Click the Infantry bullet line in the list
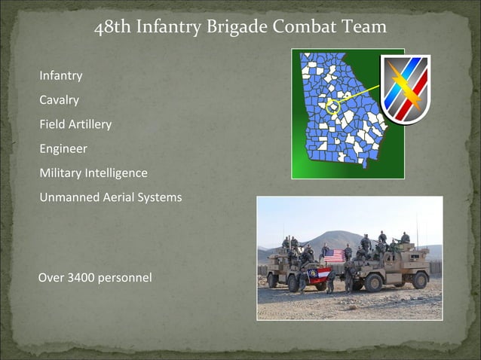(x=61, y=76)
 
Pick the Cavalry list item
(x=60, y=99)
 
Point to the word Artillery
(x=90, y=124)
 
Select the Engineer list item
(x=63, y=148)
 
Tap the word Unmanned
(x=68, y=197)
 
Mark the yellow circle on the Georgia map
(x=332, y=106)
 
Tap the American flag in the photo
(x=334, y=255)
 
